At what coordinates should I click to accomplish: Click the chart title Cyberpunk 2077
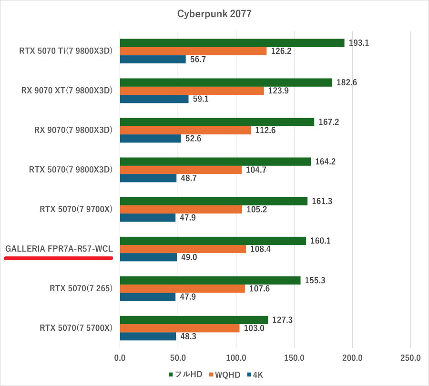[x=214, y=14]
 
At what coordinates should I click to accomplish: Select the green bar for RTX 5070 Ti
[x=232, y=43]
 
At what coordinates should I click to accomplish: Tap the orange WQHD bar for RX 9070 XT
[x=192, y=91]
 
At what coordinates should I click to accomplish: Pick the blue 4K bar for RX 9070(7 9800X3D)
[x=150, y=139]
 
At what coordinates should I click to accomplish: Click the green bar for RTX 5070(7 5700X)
[x=194, y=320]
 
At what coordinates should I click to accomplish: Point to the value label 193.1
[x=359, y=43]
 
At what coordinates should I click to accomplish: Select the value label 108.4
[x=260, y=249]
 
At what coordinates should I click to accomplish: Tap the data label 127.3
[x=282, y=320]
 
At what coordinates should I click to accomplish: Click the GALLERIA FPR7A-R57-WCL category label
[x=59, y=249]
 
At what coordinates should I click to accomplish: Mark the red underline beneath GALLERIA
[x=58, y=258]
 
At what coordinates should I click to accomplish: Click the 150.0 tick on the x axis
[x=294, y=358]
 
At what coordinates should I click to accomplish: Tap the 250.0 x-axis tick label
[x=410, y=358]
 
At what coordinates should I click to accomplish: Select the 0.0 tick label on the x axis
[x=120, y=358]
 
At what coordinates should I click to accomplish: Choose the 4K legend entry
[x=255, y=375]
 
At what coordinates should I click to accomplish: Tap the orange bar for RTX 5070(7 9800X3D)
[x=181, y=170]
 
